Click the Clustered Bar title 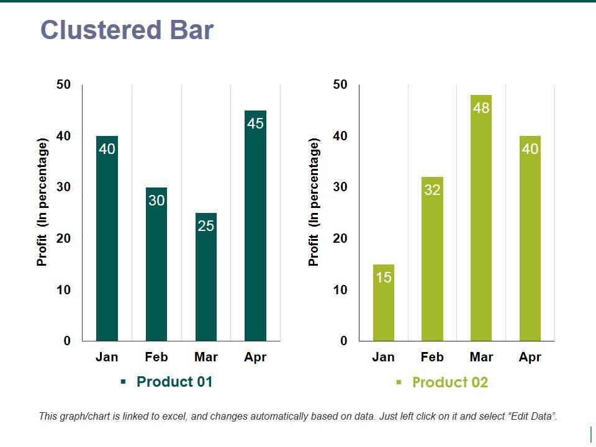[x=127, y=30]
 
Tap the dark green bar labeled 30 [x=156, y=267]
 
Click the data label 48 [x=481, y=108]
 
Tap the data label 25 [x=205, y=226]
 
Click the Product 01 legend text [x=174, y=382]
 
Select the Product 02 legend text [x=450, y=382]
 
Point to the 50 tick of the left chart [x=63, y=84]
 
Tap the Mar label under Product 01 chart [x=205, y=357]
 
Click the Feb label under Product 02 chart [x=432, y=357]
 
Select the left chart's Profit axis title [x=42, y=203]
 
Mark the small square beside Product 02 [x=399, y=382]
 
